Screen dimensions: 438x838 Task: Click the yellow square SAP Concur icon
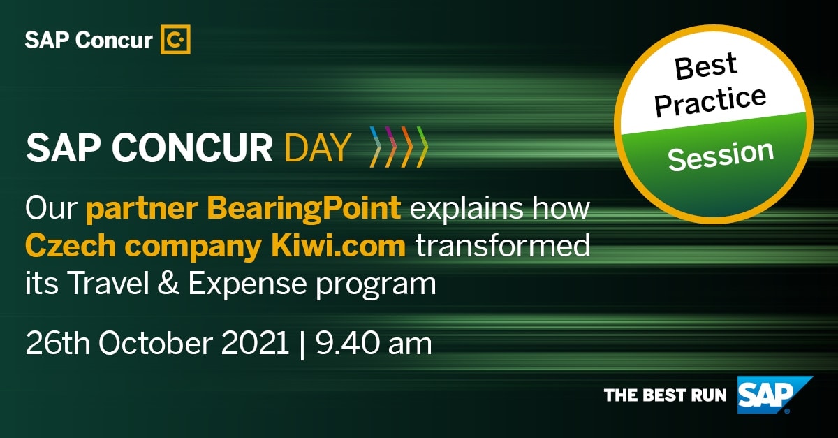[x=175, y=39]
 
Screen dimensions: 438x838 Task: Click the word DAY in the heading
[x=317, y=147]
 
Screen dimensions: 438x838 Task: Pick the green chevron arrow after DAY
[x=421, y=147]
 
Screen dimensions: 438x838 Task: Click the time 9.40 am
[x=374, y=344]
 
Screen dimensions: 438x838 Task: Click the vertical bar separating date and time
[x=302, y=344]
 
